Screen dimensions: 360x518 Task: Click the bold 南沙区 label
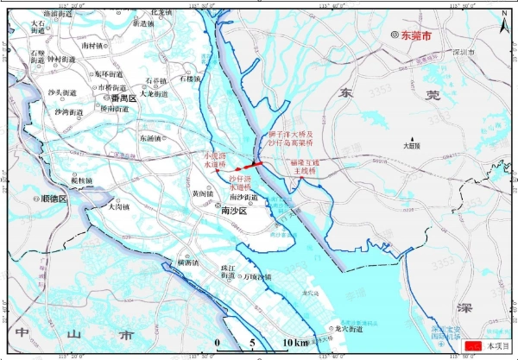pyautogui.click(x=235, y=210)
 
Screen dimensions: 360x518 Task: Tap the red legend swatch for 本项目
pyautogui.click(x=473, y=344)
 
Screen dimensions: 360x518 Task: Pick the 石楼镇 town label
pyautogui.click(x=191, y=79)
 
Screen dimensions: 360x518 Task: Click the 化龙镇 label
pyautogui.click(x=162, y=13)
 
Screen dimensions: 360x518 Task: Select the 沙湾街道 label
pyautogui.click(x=69, y=112)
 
